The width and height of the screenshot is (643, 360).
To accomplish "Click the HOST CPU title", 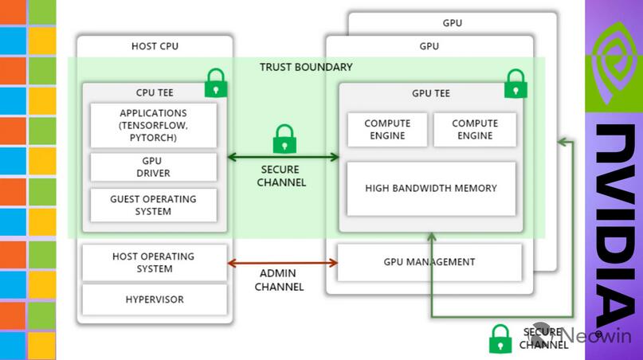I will coord(155,46).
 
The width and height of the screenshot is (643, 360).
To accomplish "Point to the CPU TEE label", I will coord(155,92).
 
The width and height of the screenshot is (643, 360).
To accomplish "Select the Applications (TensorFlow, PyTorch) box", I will coord(153,125).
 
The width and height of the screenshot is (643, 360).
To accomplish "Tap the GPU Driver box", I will coord(153,167).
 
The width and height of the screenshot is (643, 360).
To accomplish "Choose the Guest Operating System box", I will coord(153,205).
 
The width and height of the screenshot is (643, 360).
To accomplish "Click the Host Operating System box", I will coord(154,263).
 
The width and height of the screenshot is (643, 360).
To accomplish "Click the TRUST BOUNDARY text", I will coord(306,67).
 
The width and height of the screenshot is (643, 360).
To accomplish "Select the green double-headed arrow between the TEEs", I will coord(283,157).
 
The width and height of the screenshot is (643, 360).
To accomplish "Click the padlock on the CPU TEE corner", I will coord(216,82).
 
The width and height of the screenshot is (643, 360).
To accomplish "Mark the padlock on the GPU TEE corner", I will coord(516,83).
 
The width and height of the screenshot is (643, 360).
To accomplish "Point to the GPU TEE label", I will coord(431,93).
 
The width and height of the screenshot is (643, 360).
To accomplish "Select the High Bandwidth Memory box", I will coord(431,188).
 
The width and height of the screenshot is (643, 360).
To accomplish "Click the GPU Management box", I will coord(429,262).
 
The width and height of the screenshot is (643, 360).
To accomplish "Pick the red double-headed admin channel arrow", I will coord(283,263).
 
